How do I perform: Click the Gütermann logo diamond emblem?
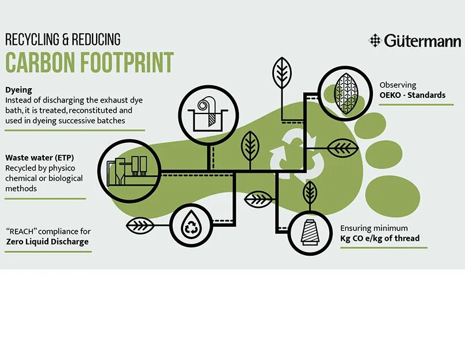[x=375, y=40]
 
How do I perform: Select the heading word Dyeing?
[x=18, y=90]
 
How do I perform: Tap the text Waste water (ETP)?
[x=40, y=157]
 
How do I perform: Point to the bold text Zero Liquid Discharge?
[x=47, y=242]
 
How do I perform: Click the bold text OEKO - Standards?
[x=412, y=95]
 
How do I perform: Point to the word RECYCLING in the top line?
[x=34, y=39]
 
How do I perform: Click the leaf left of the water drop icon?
[x=140, y=225]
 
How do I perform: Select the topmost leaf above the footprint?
[x=281, y=73]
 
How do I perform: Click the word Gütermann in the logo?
[x=422, y=41]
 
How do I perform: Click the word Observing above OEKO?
[x=398, y=85]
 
